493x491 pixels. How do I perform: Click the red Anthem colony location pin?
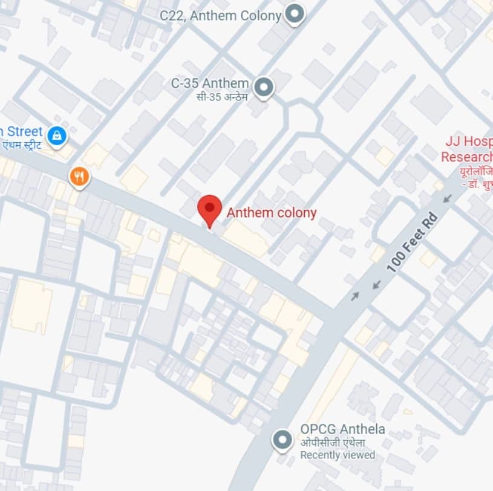[x=209, y=209]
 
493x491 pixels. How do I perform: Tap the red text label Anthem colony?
[x=271, y=213]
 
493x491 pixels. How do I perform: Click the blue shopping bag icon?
[x=57, y=135]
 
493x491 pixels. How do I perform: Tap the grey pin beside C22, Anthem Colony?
[x=294, y=13]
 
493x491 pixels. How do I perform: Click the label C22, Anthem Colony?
[x=221, y=16]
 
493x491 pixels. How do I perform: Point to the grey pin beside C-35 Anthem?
[x=263, y=88]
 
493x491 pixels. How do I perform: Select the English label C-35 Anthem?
[x=209, y=83]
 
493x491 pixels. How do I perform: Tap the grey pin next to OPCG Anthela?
[x=282, y=440]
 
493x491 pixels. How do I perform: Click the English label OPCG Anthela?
[x=342, y=429]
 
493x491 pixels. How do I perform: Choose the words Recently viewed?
[x=338, y=455]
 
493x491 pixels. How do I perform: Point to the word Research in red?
[x=466, y=157]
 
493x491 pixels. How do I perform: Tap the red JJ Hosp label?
[x=469, y=142]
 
